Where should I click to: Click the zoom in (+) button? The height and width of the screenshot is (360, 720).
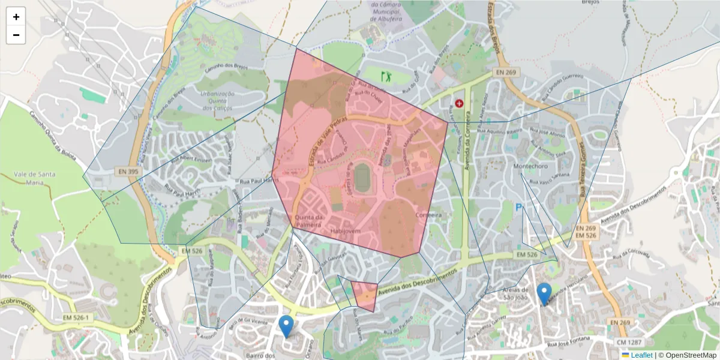tap(16, 17)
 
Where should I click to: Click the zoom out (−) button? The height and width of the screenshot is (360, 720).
tap(16, 35)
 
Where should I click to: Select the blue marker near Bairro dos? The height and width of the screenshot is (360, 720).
tap(287, 326)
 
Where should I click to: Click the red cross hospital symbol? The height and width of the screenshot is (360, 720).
tap(460, 103)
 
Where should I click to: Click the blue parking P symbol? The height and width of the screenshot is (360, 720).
tap(519, 208)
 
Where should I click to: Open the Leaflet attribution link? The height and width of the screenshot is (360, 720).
tap(641, 355)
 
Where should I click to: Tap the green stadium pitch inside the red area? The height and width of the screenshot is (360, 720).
tap(362, 178)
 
